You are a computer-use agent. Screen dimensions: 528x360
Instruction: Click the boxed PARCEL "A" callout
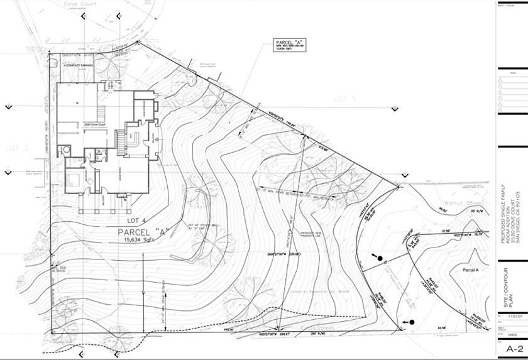tap(290, 45)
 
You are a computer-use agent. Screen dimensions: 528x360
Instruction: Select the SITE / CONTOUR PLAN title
tap(511, 290)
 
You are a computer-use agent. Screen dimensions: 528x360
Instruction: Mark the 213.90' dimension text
tap(324, 148)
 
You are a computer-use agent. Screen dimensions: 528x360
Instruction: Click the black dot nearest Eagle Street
tap(412, 322)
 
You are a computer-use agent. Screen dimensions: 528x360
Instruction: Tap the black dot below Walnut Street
tap(381, 256)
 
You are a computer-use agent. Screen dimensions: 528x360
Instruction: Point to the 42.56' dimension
tap(439, 327)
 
